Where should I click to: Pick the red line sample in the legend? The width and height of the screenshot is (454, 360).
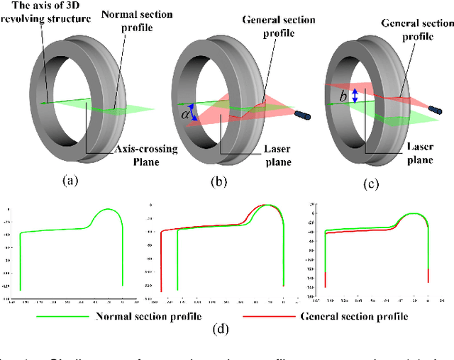[x=267, y=316]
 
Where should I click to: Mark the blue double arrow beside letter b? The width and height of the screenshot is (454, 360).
[x=355, y=95]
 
